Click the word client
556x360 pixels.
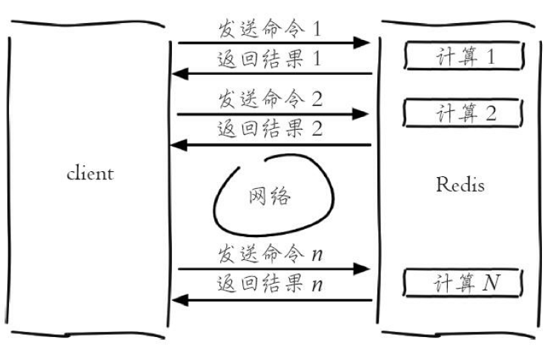tap(90, 174)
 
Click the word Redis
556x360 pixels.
tap(460, 184)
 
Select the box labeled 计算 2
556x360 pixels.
tap(465, 114)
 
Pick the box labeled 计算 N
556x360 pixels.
tap(465, 283)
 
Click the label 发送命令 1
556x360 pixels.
tap(270, 30)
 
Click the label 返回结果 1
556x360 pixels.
tap(270, 59)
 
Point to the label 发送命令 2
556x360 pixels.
tap(270, 99)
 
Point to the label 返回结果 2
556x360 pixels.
tap(270, 128)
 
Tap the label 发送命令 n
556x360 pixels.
tap(270, 254)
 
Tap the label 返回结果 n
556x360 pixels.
tap(270, 284)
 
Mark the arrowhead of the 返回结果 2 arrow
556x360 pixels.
tap(180, 145)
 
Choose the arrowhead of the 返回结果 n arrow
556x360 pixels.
tap(180, 300)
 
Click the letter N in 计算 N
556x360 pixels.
tap(491, 283)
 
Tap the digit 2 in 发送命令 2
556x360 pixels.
tap(317, 99)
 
